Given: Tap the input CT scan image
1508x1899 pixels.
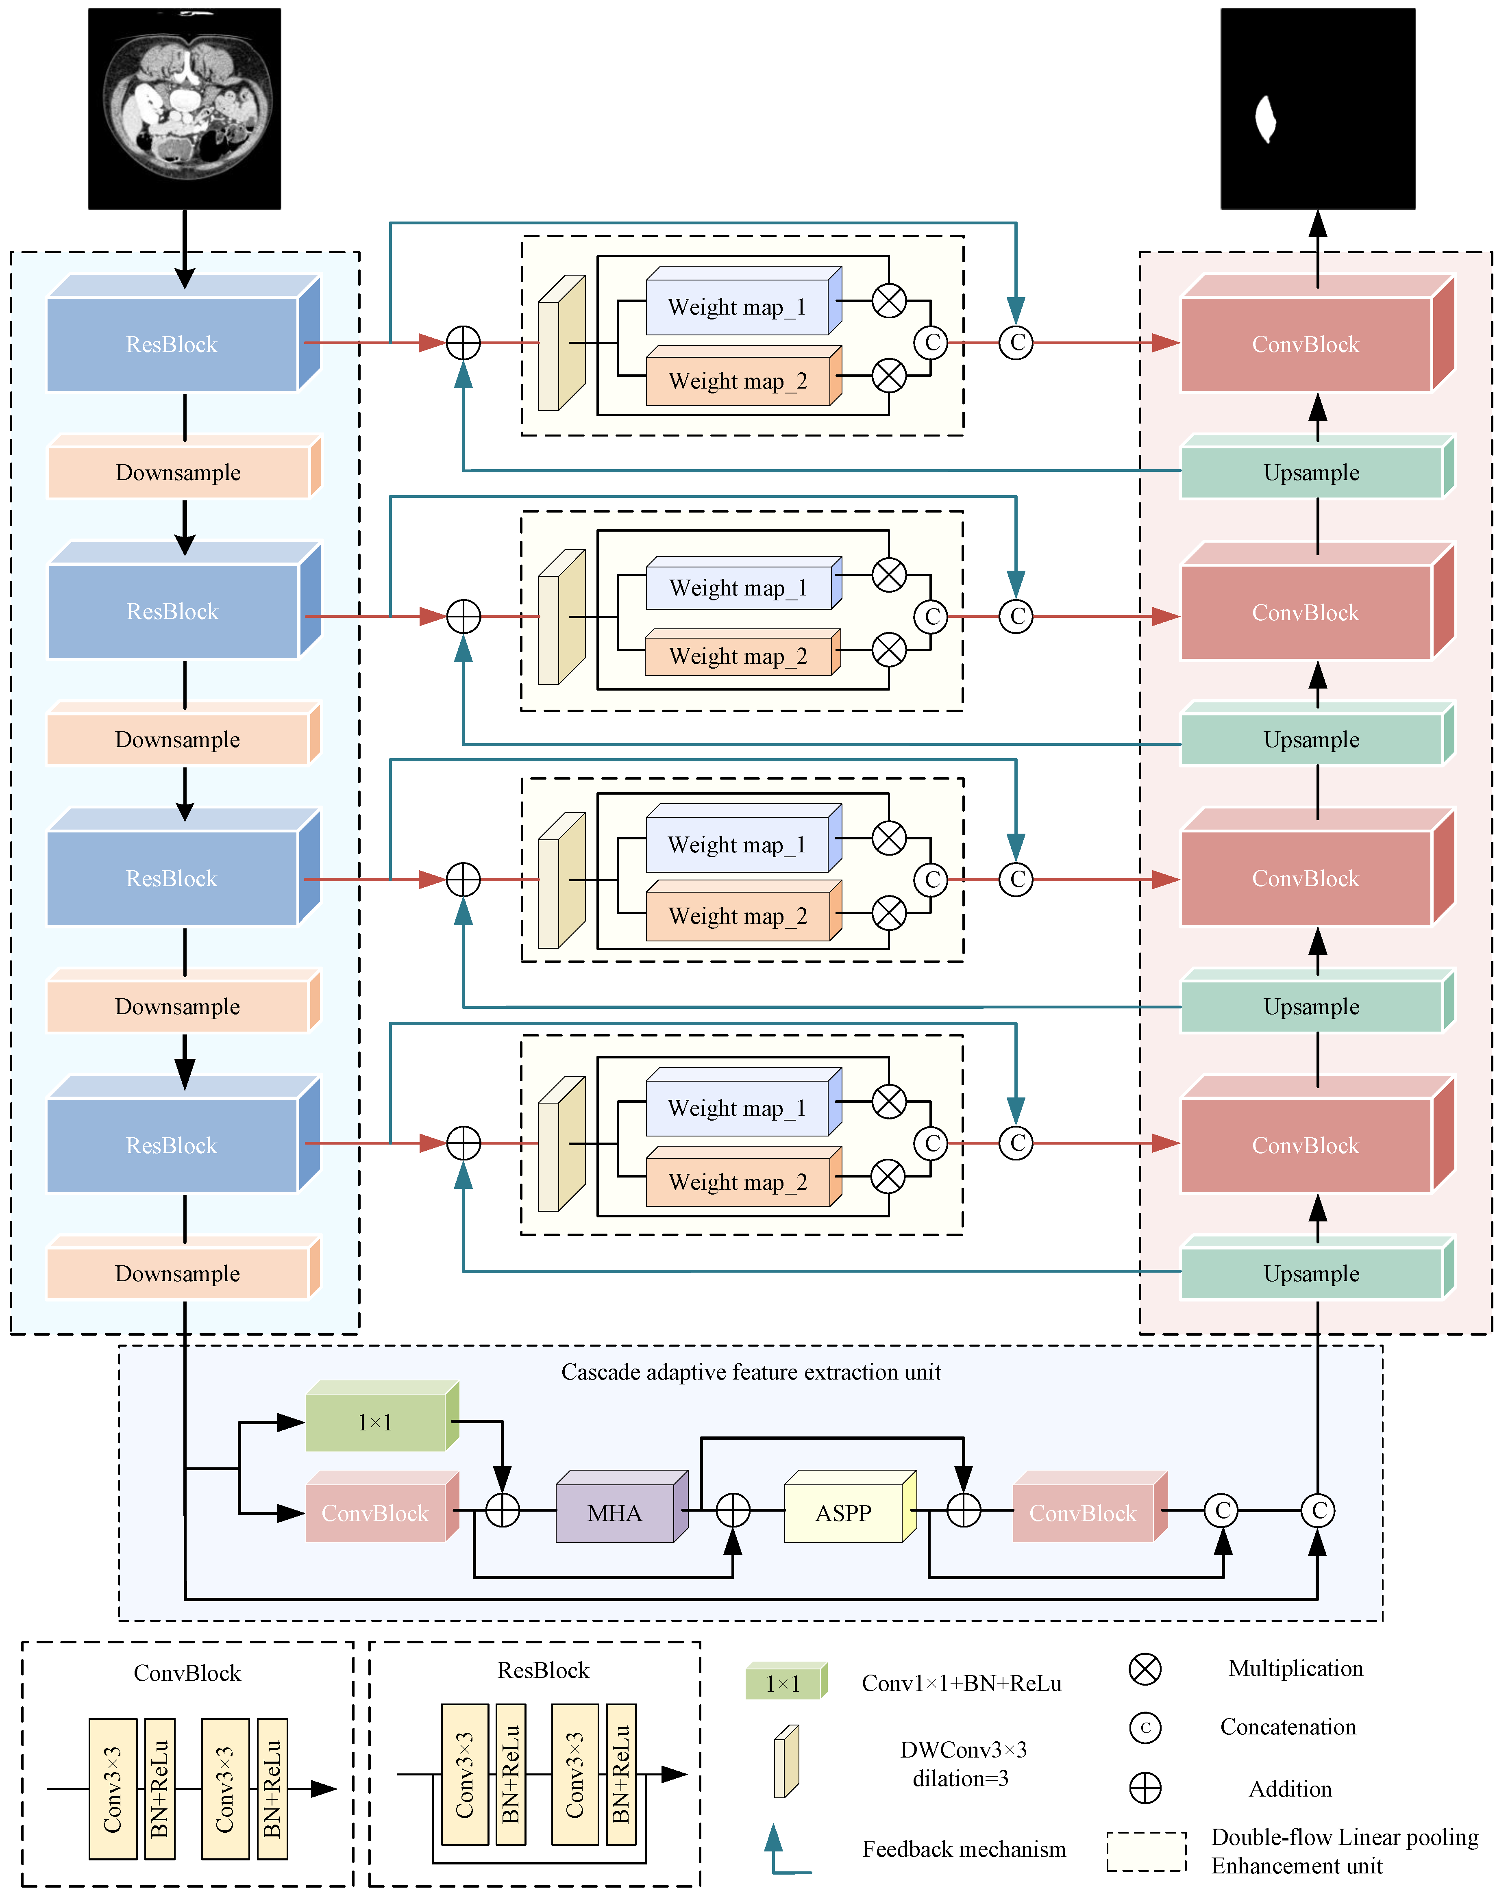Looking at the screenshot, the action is (x=184, y=109).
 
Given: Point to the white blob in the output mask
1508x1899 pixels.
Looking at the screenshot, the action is (x=1265, y=119).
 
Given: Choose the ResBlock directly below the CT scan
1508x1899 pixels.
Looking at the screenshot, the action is (x=183, y=333).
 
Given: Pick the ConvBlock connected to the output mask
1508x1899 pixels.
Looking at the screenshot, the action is (x=1317, y=333).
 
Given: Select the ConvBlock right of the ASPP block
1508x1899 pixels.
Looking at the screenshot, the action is (x=1090, y=1506).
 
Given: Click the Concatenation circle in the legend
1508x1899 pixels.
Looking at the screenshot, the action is (x=1145, y=1727).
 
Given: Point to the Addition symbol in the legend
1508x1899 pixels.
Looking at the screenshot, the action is (x=1145, y=1788).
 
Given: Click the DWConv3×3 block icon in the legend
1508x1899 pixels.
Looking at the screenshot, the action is (x=786, y=1761).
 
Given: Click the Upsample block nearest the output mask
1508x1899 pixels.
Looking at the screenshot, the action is (x=1317, y=466).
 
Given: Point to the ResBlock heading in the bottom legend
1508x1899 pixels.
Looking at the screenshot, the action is (x=543, y=1670).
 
